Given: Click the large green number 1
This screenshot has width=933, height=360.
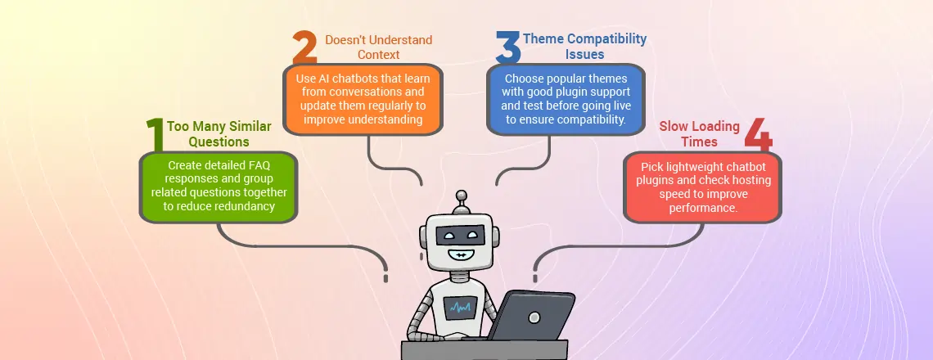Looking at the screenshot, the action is [x=155, y=134].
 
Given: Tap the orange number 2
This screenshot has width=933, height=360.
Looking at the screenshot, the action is [x=304, y=47].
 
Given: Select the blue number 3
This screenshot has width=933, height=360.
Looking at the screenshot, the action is [x=507, y=47].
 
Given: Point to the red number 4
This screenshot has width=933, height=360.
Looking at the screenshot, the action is [x=758, y=134].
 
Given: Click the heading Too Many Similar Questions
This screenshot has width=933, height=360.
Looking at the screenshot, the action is [x=219, y=134].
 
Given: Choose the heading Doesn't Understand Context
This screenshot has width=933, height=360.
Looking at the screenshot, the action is [x=378, y=47].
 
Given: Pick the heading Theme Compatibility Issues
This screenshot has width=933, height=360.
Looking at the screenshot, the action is [x=584, y=47].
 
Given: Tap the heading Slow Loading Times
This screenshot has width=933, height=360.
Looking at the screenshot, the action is [x=699, y=134].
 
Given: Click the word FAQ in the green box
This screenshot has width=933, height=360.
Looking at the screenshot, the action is [x=259, y=165].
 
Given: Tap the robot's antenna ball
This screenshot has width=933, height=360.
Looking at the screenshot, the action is [x=460, y=196].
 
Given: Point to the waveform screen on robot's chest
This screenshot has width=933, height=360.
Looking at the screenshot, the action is [x=460, y=307].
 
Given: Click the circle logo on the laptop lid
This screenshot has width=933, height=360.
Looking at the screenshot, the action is [x=534, y=317].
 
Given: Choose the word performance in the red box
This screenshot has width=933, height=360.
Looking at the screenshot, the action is [x=703, y=209].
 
